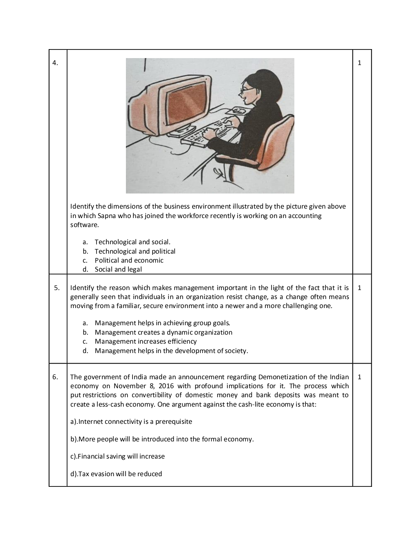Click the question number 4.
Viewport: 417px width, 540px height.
point(55,63)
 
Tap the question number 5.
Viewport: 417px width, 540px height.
point(57,288)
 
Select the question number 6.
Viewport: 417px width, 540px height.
point(55,377)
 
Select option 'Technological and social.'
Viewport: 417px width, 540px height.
point(132,242)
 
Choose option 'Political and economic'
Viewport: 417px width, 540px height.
point(129,260)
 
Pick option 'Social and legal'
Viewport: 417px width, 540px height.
point(118,269)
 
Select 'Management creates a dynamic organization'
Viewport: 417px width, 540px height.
point(163,332)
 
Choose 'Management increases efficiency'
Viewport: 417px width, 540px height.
point(146,341)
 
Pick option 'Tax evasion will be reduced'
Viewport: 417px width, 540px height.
point(116,474)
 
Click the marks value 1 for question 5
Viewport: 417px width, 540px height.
point(359,288)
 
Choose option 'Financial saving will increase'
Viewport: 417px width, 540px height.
point(117,456)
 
